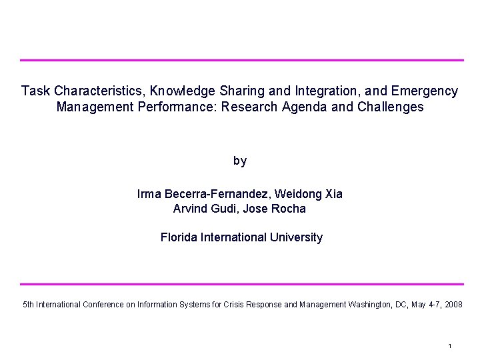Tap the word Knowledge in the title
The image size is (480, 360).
pyautogui.click(x=182, y=91)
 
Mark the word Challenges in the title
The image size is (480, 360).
pyautogui.click(x=391, y=107)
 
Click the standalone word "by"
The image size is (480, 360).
pyautogui.click(x=240, y=161)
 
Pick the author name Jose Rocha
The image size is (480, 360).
pyautogui.click(x=281, y=209)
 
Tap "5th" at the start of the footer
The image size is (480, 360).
pyautogui.click(x=29, y=305)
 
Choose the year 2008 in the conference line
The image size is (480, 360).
pyautogui.click(x=453, y=305)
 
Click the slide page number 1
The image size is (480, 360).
pyautogui.click(x=451, y=346)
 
